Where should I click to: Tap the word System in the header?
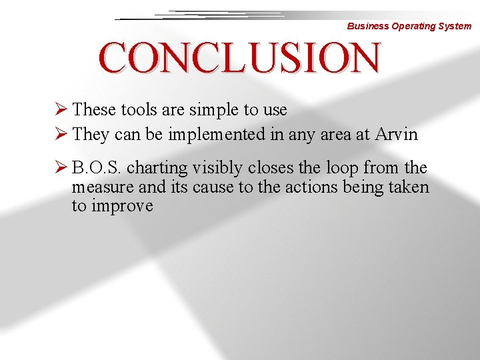(455, 27)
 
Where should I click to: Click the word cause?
(213, 187)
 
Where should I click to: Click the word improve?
(122, 206)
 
